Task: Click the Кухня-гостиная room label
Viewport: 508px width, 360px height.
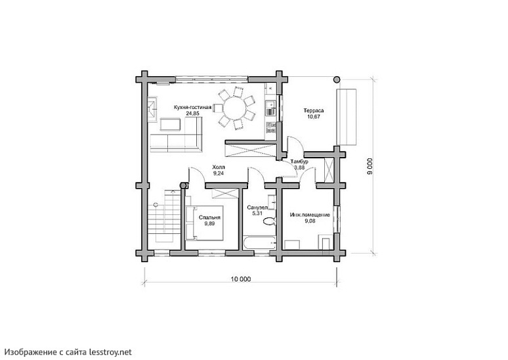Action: coord(192,107)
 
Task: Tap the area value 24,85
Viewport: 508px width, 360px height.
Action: coord(192,114)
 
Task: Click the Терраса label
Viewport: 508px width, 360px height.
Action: coord(314,110)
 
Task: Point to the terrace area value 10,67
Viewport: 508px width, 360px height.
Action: coord(314,117)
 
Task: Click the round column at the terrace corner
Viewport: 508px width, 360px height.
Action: coord(337,79)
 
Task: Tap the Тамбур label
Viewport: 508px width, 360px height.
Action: coord(299,162)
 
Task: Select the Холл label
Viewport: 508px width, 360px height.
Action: coord(219,167)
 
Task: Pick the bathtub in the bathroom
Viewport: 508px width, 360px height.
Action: coord(259,243)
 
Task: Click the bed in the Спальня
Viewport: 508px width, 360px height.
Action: coord(204,223)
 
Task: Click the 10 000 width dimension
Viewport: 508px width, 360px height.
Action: coord(241,279)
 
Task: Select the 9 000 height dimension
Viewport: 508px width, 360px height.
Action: coord(370,166)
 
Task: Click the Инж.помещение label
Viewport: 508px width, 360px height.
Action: coord(310,215)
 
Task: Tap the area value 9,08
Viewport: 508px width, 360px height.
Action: coord(310,221)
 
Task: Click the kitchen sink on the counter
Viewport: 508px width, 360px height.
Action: coord(270,104)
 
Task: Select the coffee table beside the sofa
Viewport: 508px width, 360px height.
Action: coord(171,125)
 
